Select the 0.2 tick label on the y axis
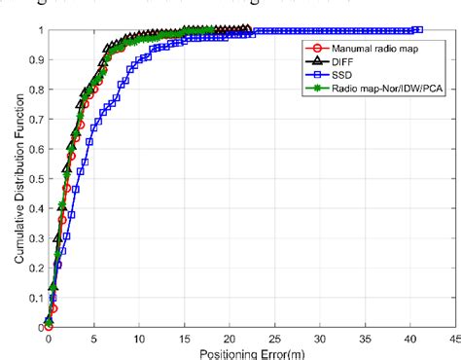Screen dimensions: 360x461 point(32,269)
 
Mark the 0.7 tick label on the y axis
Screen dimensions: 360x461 point(32,120)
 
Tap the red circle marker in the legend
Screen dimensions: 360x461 point(310,46)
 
